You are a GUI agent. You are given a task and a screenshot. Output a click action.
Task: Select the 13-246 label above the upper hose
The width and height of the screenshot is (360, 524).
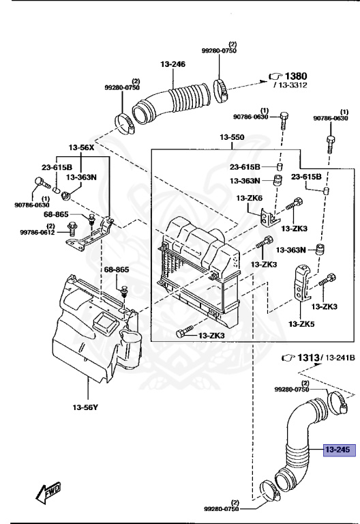(173, 64)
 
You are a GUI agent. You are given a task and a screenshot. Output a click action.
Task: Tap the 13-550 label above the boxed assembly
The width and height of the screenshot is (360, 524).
(232, 138)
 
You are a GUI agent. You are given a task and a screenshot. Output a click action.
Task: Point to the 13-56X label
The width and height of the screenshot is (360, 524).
(81, 147)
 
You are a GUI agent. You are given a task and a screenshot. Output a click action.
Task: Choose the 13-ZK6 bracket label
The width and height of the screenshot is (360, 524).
(250, 198)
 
